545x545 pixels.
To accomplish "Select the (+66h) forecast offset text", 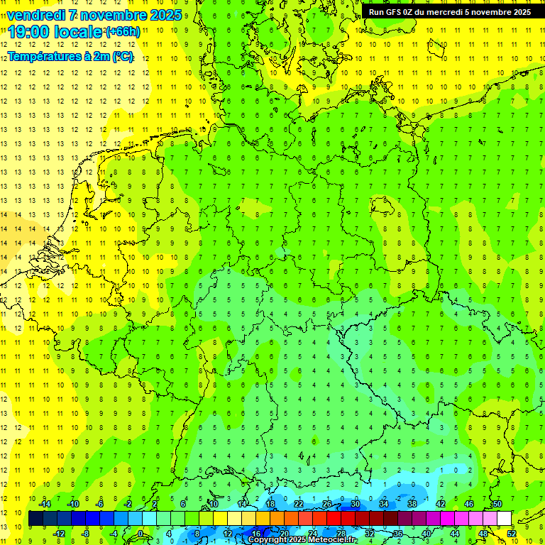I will [123, 32].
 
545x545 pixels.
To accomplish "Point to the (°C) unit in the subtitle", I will [122, 57].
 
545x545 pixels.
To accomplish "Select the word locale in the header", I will [79, 31].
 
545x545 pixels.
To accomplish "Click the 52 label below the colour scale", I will [511, 533].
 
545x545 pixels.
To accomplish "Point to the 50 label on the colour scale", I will [497, 504].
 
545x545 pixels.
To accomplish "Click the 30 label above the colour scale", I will [355, 504].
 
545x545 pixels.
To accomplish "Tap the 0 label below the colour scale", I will [141, 533].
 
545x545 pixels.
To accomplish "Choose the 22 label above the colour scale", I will [299, 504].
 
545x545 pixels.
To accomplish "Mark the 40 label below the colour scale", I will [426, 533].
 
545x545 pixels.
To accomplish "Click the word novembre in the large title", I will [117, 15].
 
